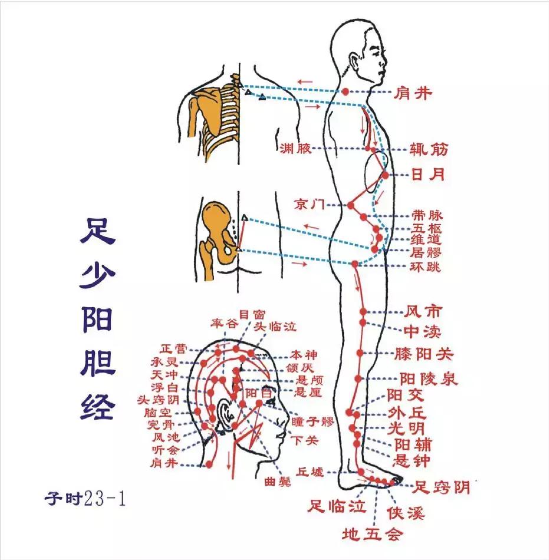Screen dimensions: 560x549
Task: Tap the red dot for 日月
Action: coord(385,175)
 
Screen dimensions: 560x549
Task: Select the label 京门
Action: coord(310,205)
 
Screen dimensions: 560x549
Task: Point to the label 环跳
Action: coord(425,266)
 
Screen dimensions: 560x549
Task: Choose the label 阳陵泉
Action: coord(429,378)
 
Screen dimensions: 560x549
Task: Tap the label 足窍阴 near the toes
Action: coord(440,487)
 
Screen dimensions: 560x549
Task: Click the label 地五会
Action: coord(373,534)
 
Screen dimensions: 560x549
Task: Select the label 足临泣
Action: coord(338,506)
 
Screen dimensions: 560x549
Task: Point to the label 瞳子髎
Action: coord(313,422)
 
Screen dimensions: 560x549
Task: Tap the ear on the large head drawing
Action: coord(225,413)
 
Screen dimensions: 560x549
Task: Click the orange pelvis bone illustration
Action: coord(215,233)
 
